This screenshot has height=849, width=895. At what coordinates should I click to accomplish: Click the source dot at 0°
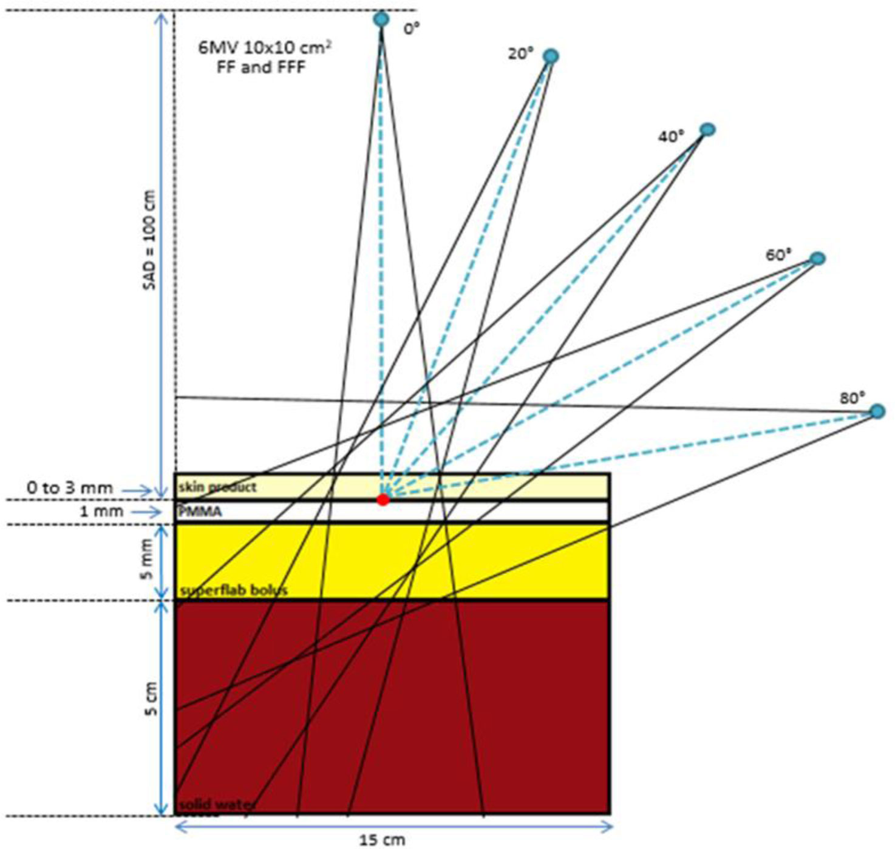click(x=381, y=19)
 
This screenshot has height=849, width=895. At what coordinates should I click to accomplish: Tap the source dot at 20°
click(x=551, y=56)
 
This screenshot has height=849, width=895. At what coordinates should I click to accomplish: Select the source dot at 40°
click(x=707, y=129)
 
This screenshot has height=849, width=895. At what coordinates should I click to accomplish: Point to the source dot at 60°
click(x=818, y=259)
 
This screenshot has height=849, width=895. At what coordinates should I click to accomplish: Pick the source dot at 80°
click(x=877, y=411)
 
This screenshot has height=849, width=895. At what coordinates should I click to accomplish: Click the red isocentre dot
click(x=383, y=499)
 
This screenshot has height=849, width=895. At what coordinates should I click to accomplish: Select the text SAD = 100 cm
click(x=149, y=240)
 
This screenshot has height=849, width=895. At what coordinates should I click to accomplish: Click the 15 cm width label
click(x=382, y=840)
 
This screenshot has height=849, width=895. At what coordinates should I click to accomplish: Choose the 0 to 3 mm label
click(x=70, y=488)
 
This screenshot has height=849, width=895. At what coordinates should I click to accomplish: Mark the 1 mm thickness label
click(x=101, y=512)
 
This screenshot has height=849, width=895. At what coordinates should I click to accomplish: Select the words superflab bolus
click(x=234, y=590)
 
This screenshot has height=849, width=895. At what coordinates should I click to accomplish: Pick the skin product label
click(x=217, y=487)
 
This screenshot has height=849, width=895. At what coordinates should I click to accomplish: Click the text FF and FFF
click(x=261, y=67)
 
